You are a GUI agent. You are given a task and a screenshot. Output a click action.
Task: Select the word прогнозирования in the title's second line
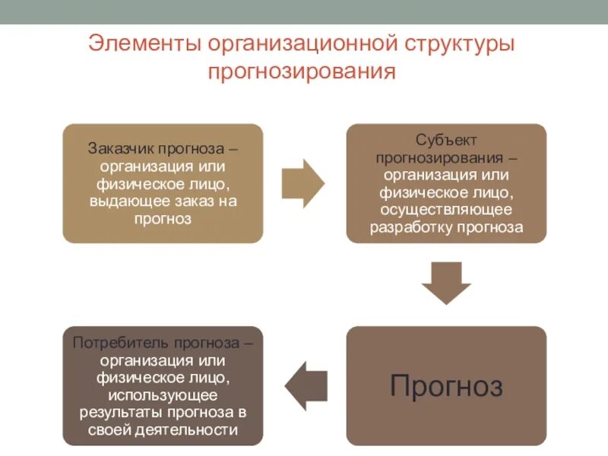[302, 72]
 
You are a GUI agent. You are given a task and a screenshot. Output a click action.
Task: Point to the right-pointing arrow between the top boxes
[302, 183]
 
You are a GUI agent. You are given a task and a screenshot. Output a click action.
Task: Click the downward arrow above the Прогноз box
[446, 283]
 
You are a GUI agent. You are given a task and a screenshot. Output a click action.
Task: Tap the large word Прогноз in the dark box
[446, 386]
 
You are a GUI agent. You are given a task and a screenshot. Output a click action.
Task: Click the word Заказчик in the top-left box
[118, 147]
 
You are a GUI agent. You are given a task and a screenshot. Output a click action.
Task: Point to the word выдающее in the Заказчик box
[126, 201]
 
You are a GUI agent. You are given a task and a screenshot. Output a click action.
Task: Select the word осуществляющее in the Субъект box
[446, 209]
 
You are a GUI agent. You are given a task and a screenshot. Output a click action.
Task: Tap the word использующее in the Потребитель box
[163, 394]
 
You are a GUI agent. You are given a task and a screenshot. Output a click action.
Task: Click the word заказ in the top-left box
[192, 201]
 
